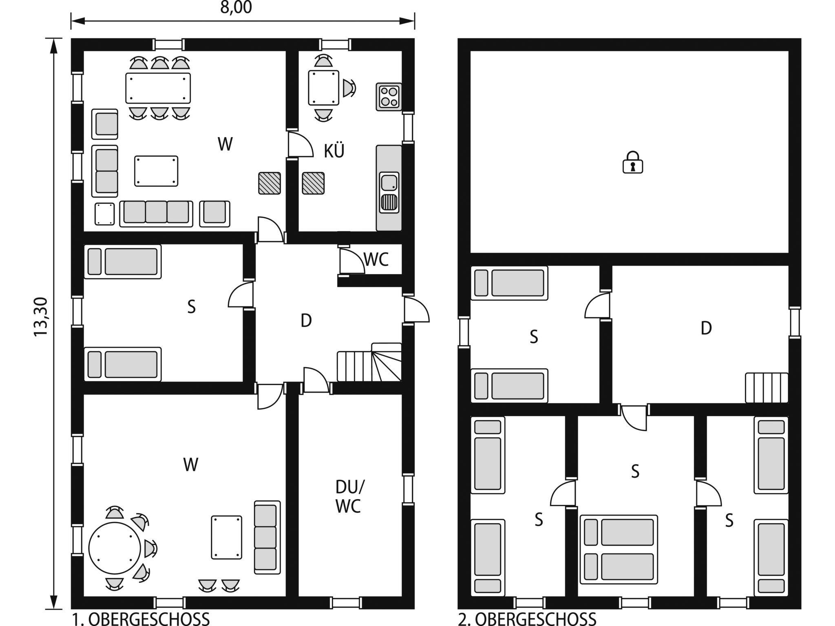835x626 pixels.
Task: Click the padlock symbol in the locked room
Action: tap(633, 162)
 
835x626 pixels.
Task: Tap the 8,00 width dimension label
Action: tap(236, 8)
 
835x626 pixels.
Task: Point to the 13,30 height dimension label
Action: tap(41, 317)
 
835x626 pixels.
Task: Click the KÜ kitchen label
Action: tap(334, 150)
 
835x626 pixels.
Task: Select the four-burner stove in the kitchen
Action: tap(389, 97)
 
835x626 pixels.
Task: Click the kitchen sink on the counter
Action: tap(389, 192)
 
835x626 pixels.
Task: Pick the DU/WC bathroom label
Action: tap(349, 496)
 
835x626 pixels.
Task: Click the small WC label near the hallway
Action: tap(376, 259)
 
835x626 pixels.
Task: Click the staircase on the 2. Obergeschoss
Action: tap(767, 388)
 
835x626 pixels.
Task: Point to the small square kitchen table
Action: tap(324, 88)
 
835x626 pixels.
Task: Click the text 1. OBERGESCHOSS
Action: tap(141, 619)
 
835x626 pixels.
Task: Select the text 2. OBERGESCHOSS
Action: tap(527, 619)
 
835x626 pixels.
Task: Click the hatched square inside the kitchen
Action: tap(314, 183)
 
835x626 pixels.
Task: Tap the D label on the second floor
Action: tap(706, 328)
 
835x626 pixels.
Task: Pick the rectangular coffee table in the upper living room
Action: tap(156, 171)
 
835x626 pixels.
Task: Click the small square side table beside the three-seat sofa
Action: tap(105, 214)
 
